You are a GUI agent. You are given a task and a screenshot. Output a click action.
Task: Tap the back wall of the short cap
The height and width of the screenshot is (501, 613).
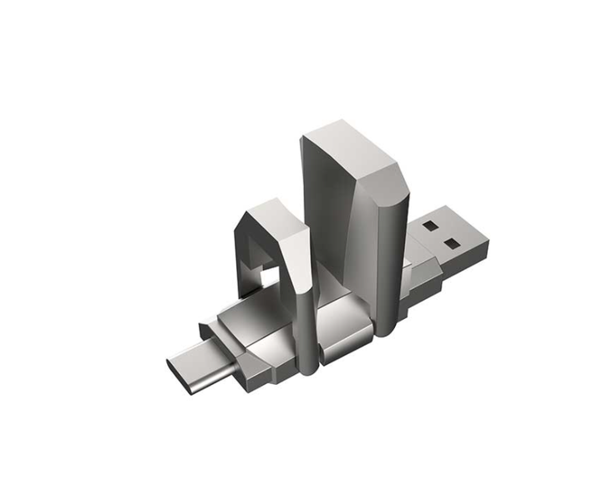(x=242, y=250)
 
